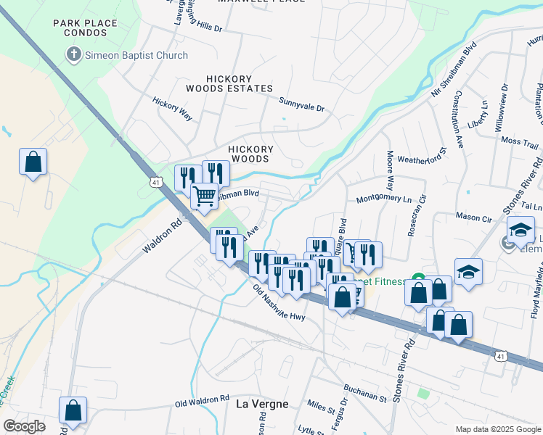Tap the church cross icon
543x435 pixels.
(73, 55)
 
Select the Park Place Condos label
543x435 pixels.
(85, 28)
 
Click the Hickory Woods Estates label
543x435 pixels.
(229, 83)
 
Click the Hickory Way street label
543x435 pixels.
(172, 106)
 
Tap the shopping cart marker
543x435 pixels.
(205, 195)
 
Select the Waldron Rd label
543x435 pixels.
(161, 237)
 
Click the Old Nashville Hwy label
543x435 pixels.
(279, 303)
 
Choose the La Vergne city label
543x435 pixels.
(261, 404)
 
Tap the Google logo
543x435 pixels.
(23, 426)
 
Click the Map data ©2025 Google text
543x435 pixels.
(497, 429)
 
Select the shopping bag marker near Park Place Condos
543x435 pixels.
(33, 162)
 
